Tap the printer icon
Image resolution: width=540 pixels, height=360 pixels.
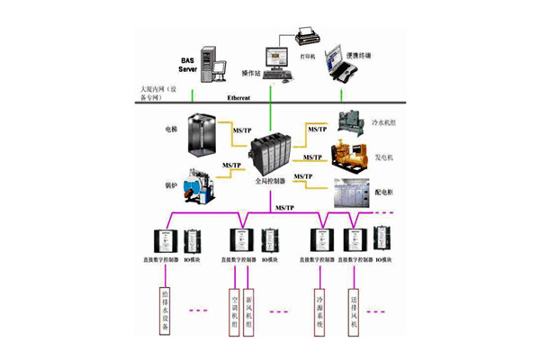[304, 38]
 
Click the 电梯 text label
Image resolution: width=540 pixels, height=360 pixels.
[172, 130]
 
